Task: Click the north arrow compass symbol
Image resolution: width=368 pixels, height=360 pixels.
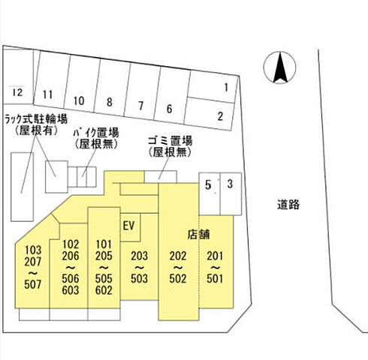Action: tap(279, 67)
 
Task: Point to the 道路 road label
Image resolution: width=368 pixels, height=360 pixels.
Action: tap(288, 205)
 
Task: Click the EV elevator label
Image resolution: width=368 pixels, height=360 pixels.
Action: tap(129, 226)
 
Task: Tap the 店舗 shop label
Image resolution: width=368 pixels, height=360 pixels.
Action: tap(198, 235)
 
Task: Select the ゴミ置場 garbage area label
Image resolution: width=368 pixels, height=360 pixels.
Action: tap(170, 141)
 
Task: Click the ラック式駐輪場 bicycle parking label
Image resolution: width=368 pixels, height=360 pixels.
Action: tap(36, 118)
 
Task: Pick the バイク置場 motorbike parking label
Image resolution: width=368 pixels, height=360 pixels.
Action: tap(96, 133)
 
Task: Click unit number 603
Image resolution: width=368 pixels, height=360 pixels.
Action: tap(71, 290)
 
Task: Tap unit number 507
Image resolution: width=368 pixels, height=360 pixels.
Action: tap(33, 284)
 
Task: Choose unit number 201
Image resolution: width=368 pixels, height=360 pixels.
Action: tap(215, 256)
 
